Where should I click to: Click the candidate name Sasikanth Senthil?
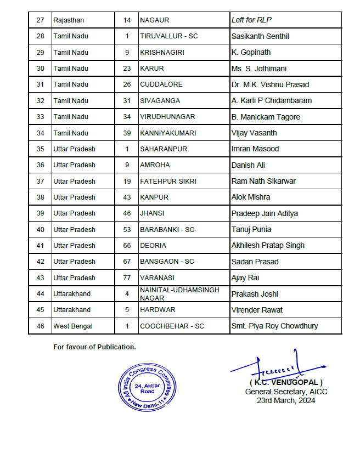[260, 36]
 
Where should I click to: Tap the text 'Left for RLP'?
[252, 20]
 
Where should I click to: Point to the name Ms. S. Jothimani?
[258, 69]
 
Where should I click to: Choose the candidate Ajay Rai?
[246, 278]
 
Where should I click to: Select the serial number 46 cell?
[40, 326]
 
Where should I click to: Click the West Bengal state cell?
[73, 326]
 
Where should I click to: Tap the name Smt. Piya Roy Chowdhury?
[274, 326]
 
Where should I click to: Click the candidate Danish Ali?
[248, 165]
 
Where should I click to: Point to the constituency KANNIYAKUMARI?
[167, 133]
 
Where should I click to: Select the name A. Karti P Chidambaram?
[271, 101]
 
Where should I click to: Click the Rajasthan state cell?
[69, 20]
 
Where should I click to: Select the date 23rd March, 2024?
[286, 400]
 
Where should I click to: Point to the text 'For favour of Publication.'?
[94, 347]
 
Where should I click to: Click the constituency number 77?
[127, 278]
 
